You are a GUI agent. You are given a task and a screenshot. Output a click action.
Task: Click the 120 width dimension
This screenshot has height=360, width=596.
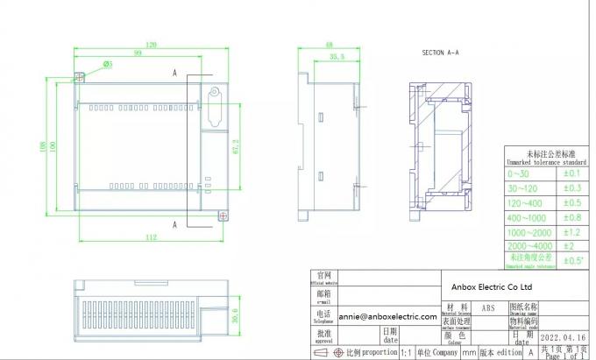pos(152,44)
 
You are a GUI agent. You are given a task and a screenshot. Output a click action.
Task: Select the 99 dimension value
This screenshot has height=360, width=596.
pos(138,53)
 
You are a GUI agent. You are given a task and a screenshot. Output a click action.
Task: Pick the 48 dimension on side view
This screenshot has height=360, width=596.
pos(329,44)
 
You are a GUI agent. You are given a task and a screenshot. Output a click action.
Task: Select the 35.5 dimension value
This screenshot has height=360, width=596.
pos(336,56)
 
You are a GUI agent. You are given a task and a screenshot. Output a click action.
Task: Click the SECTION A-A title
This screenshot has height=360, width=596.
pos(441,53)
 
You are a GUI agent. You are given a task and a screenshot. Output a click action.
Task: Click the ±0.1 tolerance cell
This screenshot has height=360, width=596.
pos(573,173)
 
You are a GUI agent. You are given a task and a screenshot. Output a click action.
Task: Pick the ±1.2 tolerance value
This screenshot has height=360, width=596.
pos(573,232)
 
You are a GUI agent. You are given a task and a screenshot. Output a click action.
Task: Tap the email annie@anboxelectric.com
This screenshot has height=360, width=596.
pos(387,316)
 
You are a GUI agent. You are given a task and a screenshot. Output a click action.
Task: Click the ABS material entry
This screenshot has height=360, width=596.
pos(488,308)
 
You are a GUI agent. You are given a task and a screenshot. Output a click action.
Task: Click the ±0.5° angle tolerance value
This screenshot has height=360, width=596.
pos(573,260)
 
